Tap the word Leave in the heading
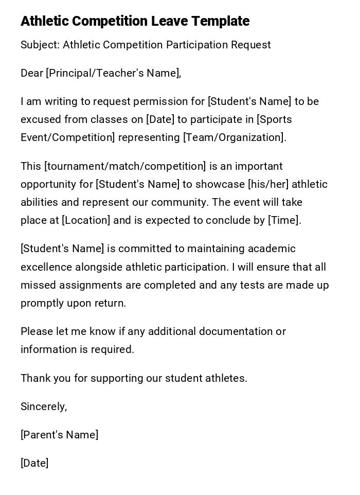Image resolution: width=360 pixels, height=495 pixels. pyautogui.click(x=169, y=21)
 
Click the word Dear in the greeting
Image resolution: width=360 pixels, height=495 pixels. pyautogui.click(x=32, y=73)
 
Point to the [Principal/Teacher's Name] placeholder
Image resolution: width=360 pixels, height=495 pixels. pyautogui.click(x=113, y=73)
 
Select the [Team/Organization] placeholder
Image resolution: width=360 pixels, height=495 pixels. pyautogui.click(x=234, y=137)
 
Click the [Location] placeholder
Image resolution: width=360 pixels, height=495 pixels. pyautogui.click(x=86, y=220)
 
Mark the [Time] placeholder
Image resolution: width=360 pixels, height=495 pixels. pyautogui.click(x=284, y=220)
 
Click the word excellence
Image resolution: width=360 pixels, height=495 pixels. pyautogui.click(x=46, y=267)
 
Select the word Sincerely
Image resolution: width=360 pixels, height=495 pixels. pyautogui.click(x=43, y=406)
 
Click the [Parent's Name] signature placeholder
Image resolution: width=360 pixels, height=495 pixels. pyautogui.click(x=59, y=435)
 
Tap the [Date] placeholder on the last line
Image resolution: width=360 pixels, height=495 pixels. pyautogui.click(x=34, y=463)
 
